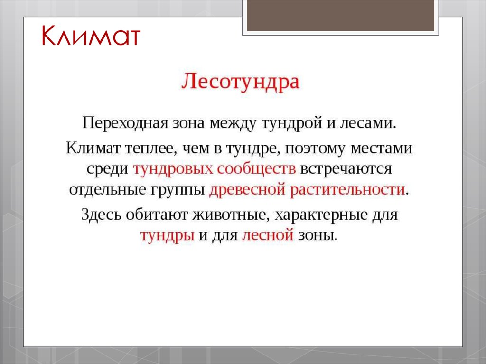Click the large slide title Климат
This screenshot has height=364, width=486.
point(90,37)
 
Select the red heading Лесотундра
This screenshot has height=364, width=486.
point(241,82)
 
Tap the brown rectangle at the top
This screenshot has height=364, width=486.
point(340,15)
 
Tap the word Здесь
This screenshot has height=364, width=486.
point(101,214)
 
